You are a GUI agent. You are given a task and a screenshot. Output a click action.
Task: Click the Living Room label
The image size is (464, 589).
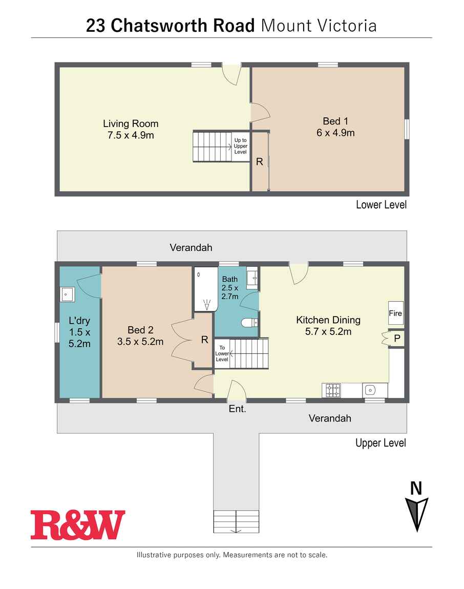131,123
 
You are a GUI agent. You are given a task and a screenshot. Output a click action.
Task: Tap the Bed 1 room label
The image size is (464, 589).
335,121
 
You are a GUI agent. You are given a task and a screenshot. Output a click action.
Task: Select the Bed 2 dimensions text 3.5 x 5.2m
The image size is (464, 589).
140,342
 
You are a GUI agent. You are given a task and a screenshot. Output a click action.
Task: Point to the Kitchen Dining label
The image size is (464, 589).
328,320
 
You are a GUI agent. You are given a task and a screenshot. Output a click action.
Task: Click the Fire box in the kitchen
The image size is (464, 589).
395,313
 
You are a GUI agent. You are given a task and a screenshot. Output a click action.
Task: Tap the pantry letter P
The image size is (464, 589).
397,339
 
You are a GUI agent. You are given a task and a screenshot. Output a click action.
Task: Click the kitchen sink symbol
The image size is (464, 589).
370,390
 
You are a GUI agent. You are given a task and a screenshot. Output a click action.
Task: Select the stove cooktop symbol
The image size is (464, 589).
332,390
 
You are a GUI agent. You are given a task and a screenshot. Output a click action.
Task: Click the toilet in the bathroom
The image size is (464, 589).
249,322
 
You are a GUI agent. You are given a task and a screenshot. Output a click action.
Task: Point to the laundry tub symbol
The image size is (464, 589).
67,294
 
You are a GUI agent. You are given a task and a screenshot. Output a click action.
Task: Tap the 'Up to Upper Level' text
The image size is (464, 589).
241,146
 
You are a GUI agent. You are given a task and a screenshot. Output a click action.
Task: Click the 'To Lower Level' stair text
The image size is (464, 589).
222,353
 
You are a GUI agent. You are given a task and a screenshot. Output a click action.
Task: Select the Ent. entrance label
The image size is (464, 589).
237,409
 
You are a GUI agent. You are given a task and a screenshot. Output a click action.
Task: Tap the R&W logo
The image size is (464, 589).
78,524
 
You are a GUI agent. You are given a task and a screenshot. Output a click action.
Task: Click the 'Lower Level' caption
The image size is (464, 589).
382,205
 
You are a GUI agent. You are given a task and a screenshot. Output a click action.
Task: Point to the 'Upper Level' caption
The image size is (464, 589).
381,443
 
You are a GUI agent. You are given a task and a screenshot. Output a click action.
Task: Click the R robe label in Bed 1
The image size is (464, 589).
259,161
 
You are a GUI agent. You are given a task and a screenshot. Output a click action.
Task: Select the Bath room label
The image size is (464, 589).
229,279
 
